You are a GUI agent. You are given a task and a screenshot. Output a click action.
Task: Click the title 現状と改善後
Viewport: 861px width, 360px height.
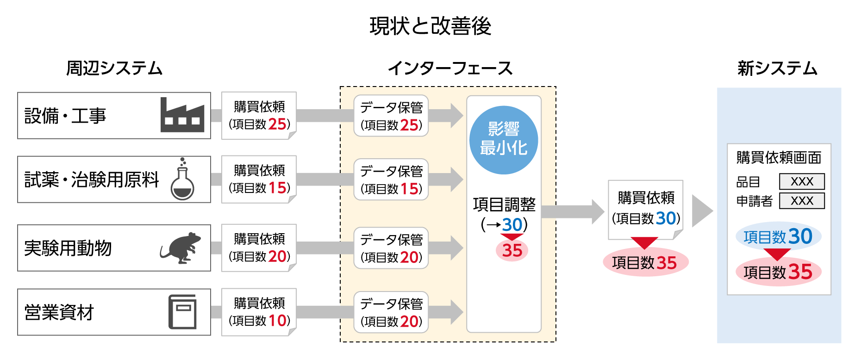(x=430, y=26)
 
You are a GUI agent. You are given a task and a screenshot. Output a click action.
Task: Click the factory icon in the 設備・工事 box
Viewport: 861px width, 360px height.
(x=182, y=115)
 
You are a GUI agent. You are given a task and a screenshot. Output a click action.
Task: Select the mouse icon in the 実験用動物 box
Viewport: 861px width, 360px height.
(x=181, y=248)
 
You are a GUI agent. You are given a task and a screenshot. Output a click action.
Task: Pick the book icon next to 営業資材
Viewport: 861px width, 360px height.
(x=182, y=312)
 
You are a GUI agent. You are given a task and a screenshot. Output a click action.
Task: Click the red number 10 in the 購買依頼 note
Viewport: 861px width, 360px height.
(x=278, y=320)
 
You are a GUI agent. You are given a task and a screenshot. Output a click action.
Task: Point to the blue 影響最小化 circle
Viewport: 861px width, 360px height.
(x=503, y=140)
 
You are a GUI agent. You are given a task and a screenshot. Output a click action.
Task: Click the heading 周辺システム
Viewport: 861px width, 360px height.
(x=114, y=68)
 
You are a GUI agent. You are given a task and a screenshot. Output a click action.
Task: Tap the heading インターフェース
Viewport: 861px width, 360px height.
(x=450, y=68)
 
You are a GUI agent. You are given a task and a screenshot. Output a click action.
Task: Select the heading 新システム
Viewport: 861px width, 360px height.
(x=777, y=68)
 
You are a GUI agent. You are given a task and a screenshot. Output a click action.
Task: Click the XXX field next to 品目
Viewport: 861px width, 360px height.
(x=802, y=181)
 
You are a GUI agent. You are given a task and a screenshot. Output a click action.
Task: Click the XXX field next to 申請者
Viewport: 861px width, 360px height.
(x=802, y=201)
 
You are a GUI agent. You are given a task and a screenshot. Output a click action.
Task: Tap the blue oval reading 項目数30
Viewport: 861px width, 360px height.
(x=778, y=236)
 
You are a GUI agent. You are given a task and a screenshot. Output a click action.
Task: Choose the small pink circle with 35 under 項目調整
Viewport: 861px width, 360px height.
(x=512, y=250)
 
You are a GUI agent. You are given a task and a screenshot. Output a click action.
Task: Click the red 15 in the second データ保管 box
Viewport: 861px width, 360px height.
(x=409, y=189)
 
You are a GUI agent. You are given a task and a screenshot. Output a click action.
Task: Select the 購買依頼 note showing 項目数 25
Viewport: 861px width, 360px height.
(x=259, y=115)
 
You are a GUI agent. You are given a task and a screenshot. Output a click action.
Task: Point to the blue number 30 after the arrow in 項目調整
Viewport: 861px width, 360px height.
(x=512, y=225)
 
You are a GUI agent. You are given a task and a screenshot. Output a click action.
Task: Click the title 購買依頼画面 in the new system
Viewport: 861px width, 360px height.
(x=779, y=158)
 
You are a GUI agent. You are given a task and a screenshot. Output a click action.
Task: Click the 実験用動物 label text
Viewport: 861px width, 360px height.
(x=68, y=248)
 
